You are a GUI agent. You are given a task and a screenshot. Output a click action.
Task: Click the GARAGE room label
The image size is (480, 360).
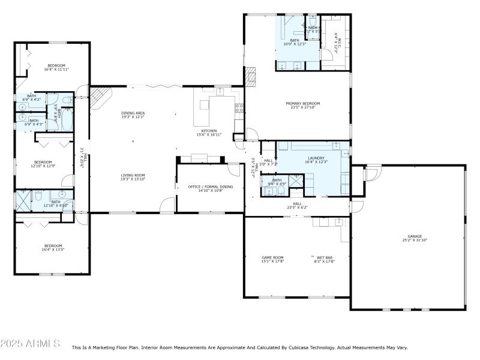[x=415, y=236]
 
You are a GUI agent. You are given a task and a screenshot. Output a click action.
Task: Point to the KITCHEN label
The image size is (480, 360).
[x=209, y=131]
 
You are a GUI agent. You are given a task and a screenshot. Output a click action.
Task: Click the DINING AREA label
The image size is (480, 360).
[x=133, y=113]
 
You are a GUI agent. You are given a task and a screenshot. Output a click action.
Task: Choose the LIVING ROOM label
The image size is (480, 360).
[x=133, y=175]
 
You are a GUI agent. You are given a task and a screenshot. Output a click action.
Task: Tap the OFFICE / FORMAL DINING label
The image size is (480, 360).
[x=210, y=187]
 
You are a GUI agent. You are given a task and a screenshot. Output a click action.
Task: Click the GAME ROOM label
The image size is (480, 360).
[x=272, y=257]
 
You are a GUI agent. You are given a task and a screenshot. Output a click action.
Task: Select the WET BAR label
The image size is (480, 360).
[x=325, y=257]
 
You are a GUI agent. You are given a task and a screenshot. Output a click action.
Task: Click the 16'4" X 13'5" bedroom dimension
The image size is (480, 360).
[x=53, y=250]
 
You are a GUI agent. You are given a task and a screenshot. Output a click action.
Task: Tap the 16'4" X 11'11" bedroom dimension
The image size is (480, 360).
[x=56, y=70]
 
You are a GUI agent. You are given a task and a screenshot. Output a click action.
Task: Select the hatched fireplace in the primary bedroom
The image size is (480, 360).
[x=251, y=76]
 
